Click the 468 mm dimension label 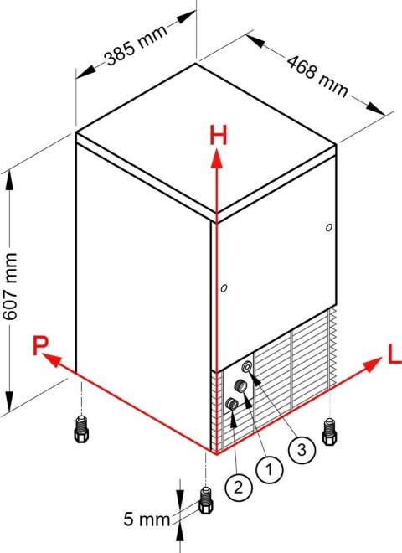(x=317, y=75)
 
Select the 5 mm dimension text (x=147, y=519)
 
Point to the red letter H (x=219, y=135)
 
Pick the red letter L (x=394, y=354)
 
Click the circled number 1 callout (x=270, y=470)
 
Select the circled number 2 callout (x=239, y=488)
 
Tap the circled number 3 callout (x=301, y=450)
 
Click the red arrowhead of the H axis (x=217, y=158)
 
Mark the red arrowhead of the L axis (x=372, y=364)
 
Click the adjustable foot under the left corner (x=81, y=428)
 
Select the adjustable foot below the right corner (x=329, y=432)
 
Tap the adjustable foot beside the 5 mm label (x=206, y=500)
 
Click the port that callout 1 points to (x=241, y=385)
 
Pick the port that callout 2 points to (x=232, y=403)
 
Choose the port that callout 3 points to (x=247, y=367)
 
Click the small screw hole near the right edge (x=328, y=227)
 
